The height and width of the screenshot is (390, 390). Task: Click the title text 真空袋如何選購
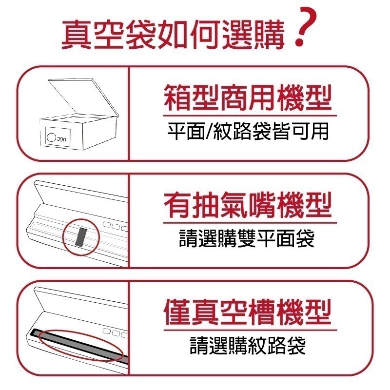coord(173,33)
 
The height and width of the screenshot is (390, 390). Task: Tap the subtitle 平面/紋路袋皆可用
coord(248,131)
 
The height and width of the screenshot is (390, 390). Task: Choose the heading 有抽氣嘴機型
coord(247,205)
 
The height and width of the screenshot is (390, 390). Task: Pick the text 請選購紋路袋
coord(248,345)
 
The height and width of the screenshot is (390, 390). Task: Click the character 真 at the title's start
coord(77,33)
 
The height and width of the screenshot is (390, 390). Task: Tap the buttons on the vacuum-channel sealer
coord(114,332)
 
